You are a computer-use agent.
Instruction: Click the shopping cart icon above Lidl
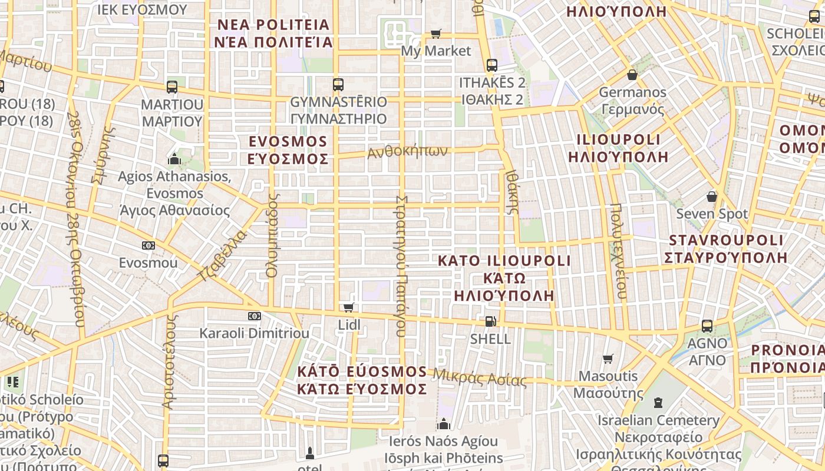click(x=349, y=307)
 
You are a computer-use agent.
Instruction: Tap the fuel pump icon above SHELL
click(x=490, y=321)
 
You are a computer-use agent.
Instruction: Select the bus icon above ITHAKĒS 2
click(x=491, y=65)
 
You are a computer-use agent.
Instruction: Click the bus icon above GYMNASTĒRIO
click(x=338, y=85)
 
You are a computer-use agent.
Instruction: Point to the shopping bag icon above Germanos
click(x=632, y=75)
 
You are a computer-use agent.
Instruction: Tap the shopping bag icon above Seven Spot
click(x=712, y=196)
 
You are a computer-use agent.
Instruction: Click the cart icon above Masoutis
click(x=608, y=359)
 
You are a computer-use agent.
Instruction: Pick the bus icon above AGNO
click(x=707, y=326)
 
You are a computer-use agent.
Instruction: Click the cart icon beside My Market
click(x=435, y=34)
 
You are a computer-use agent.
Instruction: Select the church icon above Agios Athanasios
click(x=174, y=159)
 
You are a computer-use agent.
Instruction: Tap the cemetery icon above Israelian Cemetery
click(x=658, y=403)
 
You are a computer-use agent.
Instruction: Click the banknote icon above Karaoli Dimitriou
click(x=254, y=316)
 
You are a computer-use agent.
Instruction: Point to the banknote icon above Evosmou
click(x=148, y=246)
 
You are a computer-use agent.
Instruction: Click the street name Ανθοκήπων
click(x=407, y=151)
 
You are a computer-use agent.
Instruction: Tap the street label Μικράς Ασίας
click(x=480, y=377)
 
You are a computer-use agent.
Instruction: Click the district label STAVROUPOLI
click(x=726, y=240)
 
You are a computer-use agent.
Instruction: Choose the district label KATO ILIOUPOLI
click(x=504, y=261)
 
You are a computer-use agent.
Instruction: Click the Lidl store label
click(x=349, y=324)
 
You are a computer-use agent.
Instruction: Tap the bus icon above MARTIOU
click(x=172, y=87)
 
